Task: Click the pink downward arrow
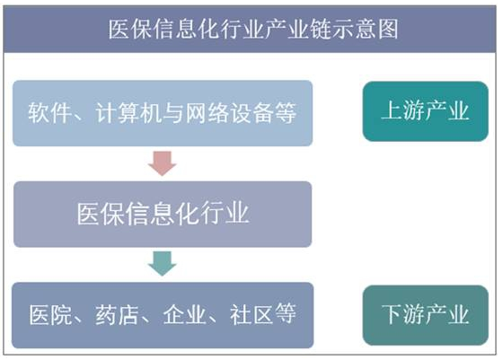(162, 163)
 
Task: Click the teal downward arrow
(162, 264)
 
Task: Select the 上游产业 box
(426, 111)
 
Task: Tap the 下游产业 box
(426, 315)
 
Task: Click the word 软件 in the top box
(49, 113)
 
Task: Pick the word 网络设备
(230, 113)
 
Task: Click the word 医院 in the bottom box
(50, 315)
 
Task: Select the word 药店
(117, 315)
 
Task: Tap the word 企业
(184, 315)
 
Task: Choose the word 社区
(251, 315)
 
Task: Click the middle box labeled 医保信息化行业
(163, 215)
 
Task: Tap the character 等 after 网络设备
(286, 113)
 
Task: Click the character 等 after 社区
(285, 315)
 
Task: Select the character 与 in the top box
(173, 113)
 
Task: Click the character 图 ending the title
(387, 29)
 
